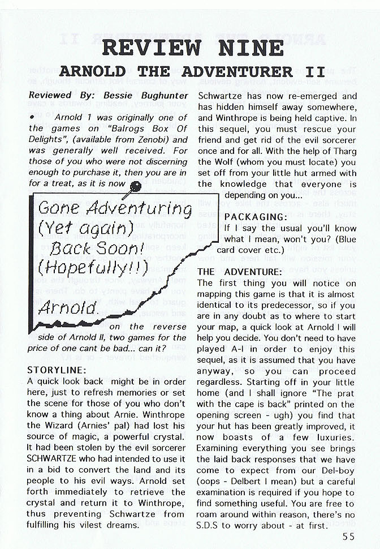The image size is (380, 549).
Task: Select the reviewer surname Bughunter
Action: pos(157,96)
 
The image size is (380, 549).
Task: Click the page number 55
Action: pos(348,538)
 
